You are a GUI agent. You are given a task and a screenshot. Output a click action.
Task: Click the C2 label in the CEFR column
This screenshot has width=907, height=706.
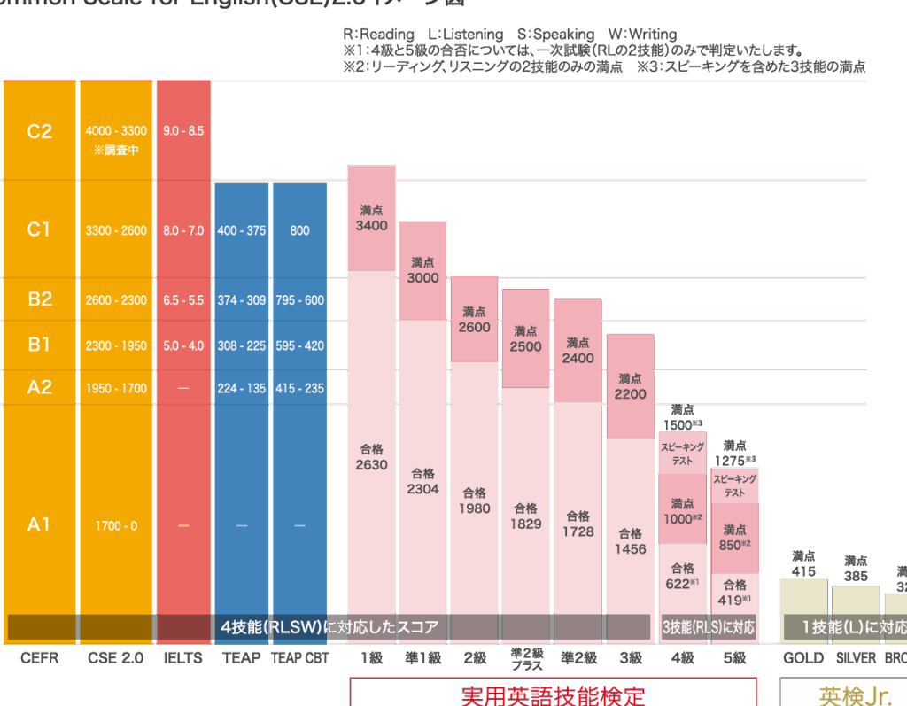click(40, 131)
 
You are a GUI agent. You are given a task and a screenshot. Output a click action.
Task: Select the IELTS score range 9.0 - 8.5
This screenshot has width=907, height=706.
click(183, 131)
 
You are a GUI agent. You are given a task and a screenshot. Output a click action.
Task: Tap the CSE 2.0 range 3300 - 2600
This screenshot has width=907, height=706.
click(116, 230)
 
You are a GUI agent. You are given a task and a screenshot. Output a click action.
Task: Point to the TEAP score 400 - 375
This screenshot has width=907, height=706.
click(241, 230)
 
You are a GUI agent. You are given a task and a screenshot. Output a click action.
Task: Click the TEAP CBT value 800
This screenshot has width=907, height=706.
click(299, 230)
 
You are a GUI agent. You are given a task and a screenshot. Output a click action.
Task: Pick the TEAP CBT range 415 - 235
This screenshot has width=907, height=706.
click(299, 388)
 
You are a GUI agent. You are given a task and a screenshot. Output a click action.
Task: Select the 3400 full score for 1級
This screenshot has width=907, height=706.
click(371, 225)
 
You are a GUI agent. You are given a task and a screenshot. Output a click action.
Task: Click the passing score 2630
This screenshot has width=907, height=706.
click(371, 464)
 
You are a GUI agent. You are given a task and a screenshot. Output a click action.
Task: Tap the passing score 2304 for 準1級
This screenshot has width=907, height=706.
click(422, 488)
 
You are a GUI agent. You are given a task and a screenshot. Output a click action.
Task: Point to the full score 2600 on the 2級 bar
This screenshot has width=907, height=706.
click(474, 327)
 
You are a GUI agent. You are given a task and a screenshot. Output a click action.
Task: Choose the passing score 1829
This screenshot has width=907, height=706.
click(525, 524)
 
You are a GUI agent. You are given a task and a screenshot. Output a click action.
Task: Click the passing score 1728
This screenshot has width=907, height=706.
click(578, 531)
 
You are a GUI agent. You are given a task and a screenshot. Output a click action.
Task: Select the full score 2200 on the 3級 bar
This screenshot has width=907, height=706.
click(630, 393)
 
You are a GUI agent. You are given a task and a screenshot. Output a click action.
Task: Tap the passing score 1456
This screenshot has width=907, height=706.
click(630, 548)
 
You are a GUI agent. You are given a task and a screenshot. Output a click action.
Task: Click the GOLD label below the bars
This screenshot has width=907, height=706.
click(803, 658)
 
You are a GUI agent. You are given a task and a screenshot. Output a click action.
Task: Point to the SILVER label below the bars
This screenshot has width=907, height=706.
click(855, 658)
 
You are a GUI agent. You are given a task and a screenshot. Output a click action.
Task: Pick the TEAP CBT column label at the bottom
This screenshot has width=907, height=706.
click(299, 658)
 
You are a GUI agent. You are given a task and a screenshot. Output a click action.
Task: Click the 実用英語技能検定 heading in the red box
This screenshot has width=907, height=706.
click(553, 694)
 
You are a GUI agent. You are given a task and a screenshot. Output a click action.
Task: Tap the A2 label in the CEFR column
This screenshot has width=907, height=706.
click(40, 387)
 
